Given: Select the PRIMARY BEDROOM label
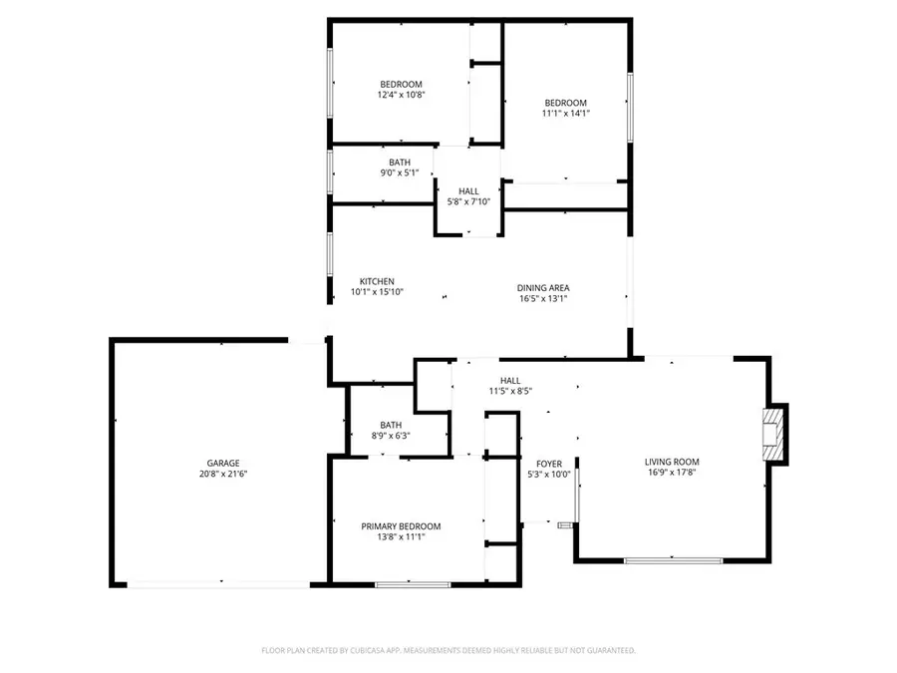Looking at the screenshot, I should click(x=401, y=526).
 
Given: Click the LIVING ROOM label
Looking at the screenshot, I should click(x=672, y=462).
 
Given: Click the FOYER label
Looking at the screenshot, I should click(x=549, y=464).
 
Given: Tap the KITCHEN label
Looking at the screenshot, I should click(x=377, y=281).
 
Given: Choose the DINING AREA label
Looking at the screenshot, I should click(x=543, y=287).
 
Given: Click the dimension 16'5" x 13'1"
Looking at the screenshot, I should click(x=543, y=298).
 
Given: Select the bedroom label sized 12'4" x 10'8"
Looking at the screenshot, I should click(x=401, y=84).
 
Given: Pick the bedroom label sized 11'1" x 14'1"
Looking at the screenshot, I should click(x=565, y=103).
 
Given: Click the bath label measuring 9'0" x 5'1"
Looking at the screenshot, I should click(x=399, y=163).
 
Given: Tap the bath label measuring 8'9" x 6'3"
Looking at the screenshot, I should click(x=390, y=425).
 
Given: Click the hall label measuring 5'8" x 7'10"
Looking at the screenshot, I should click(x=468, y=191).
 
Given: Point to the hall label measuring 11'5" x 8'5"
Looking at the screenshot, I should click(x=510, y=380).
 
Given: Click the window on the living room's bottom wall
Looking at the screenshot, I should click(x=673, y=560).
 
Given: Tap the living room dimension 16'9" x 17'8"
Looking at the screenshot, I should click(x=672, y=474).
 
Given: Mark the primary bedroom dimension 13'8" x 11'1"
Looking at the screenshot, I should click(x=401, y=537).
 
